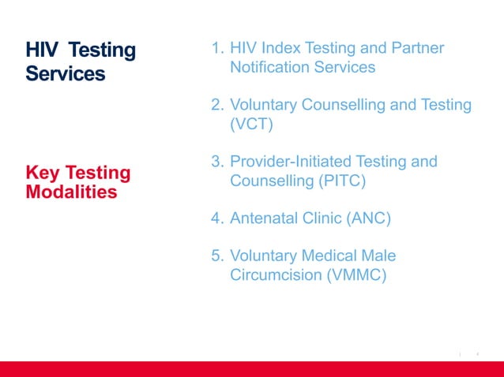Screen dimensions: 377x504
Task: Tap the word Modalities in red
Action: pos(71,192)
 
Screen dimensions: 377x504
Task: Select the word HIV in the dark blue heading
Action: pos(41,51)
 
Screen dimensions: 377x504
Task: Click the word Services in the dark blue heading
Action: pos(65,74)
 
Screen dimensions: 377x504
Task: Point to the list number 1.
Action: pos(216,49)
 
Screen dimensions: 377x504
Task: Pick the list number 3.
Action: pos(216,162)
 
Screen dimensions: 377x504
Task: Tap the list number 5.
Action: pos(216,256)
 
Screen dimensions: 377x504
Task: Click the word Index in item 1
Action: pos(281,49)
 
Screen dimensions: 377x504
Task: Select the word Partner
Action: pos(416,49)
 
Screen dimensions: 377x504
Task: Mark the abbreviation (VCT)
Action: pos(251,125)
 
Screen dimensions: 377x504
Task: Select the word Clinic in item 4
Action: pos(322,218)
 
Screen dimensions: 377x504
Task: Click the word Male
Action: pos(378,256)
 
